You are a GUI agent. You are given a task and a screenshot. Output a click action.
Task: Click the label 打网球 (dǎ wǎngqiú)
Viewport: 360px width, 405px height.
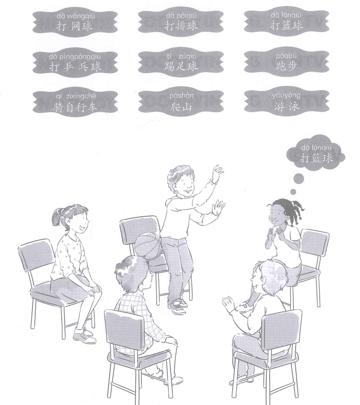pyautogui.click(x=75, y=22)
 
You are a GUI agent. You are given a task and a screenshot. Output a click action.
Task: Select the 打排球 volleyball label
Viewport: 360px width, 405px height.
pyautogui.click(x=181, y=21)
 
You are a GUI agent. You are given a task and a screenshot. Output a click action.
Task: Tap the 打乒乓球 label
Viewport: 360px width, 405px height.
pyautogui.click(x=75, y=62)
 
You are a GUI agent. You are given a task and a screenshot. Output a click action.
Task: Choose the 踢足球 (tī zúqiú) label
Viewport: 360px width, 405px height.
pyautogui.click(x=181, y=62)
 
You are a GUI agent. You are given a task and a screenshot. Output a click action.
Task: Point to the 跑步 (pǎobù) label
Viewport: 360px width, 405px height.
pyautogui.click(x=286, y=62)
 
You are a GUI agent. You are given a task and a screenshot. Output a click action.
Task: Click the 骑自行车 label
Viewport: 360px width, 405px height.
pyautogui.click(x=75, y=102)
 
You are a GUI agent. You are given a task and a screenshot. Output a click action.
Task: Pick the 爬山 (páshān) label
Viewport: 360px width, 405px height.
pyautogui.click(x=181, y=102)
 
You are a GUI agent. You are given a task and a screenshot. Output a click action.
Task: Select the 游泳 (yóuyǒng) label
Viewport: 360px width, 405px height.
pyautogui.click(x=286, y=102)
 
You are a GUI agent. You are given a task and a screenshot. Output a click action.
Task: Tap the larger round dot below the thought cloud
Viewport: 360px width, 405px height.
pyautogui.click(x=299, y=178)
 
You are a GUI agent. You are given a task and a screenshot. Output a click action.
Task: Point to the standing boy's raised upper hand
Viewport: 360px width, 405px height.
pyautogui.click(x=218, y=172)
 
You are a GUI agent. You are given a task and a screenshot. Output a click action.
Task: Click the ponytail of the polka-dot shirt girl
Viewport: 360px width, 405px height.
pyautogui.click(x=56, y=217)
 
